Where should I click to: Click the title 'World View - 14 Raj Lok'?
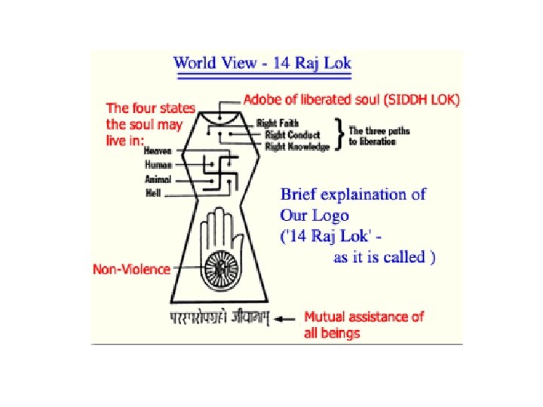click(x=262, y=63)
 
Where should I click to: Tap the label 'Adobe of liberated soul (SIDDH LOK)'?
click(x=351, y=99)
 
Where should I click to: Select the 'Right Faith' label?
click(x=278, y=123)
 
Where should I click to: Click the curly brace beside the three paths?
click(x=340, y=135)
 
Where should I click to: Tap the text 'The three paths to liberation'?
click(x=379, y=136)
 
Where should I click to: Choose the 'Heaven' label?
click(x=158, y=151)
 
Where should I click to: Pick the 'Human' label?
click(x=158, y=164)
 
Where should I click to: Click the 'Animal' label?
click(x=158, y=179)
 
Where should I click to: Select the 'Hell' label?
click(x=153, y=193)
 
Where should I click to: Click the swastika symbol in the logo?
click(x=219, y=171)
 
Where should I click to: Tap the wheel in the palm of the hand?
click(x=221, y=267)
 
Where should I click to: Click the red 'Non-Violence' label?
click(x=131, y=268)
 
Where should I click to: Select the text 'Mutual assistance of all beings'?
click(x=364, y=324)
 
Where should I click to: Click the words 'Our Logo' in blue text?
click(x=315, y=215)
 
